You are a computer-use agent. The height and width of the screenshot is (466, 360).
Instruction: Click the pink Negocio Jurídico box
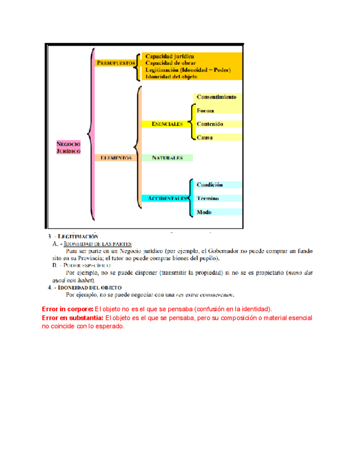[69, 147]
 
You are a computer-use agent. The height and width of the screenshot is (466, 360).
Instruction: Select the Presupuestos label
[116, 63]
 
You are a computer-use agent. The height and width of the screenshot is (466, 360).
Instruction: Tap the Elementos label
[116, 158]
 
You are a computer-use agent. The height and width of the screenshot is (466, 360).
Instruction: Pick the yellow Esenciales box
[163, 124]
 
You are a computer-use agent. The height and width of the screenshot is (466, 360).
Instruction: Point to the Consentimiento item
[217, 97]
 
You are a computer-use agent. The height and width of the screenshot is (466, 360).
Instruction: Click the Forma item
[206, 110]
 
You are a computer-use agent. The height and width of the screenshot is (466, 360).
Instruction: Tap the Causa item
[205, 137]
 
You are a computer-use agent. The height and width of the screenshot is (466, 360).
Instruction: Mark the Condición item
[210, 185]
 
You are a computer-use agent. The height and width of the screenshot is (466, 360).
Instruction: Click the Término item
[208, 198]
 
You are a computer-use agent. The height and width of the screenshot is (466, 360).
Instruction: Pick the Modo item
[204, 212]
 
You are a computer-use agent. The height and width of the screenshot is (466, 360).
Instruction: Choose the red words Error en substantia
[73, 318]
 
